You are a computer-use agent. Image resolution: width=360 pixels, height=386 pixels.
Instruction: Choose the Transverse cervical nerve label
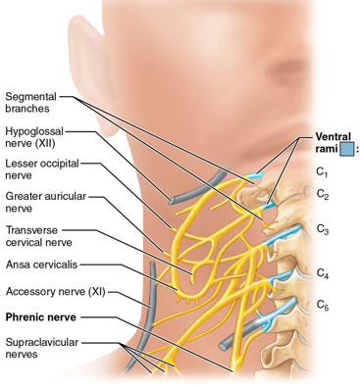click(x=37, y=236)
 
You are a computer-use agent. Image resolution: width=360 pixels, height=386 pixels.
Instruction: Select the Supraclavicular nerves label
click(x=41, y=349)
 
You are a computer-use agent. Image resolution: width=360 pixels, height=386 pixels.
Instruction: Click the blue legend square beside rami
click(x=346, y=150)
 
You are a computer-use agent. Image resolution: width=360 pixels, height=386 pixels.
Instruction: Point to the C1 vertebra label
click(x=321, y=171)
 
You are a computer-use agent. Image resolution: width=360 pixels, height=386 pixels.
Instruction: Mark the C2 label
click(x=322, y=194)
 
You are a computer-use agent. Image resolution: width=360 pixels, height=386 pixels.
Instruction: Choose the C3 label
click(x=322, y=229)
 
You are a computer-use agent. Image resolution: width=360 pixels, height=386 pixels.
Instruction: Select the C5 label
click(x=322, y=306)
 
